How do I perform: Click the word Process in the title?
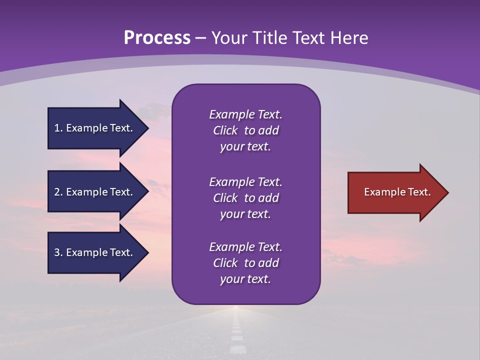[x=157, y=38]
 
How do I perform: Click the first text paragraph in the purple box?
[x=245, y=130]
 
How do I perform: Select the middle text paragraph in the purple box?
[x=245, y=198]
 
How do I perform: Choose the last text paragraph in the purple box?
[x=245, y=263]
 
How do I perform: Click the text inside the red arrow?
[x=397, y=192]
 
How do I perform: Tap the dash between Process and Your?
[x=200, y=38]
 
